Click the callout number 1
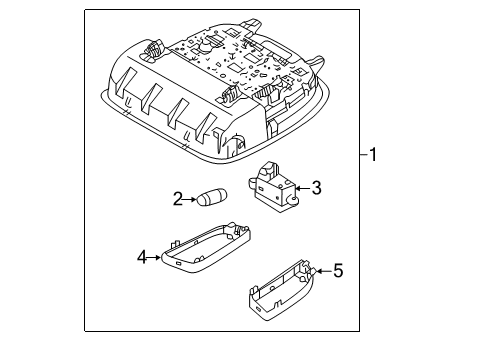click(373, 155)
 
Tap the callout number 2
click(178, 199)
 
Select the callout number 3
click(315, 186)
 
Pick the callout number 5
click(338, 269)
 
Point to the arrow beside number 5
click(324, 269)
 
